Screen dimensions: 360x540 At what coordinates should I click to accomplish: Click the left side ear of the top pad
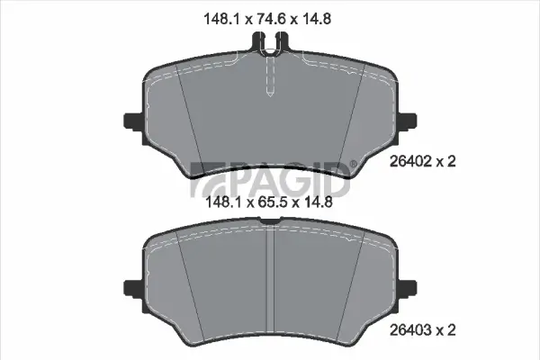(130, 121)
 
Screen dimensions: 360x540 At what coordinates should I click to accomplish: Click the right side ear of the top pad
(410, 121)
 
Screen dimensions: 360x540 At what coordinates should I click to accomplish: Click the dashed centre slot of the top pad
(270, 76)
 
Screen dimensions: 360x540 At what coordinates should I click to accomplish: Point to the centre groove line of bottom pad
(270, 270)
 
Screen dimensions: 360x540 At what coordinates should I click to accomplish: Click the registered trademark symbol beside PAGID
(353, 165)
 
